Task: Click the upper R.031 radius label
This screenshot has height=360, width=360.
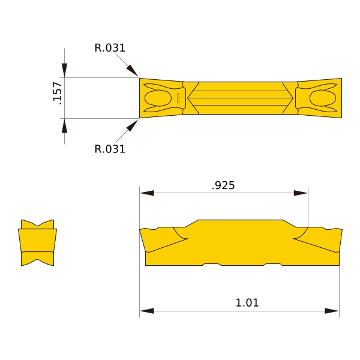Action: point(110,48)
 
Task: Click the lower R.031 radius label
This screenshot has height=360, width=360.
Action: point(110,149)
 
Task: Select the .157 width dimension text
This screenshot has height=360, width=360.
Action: point(57,93)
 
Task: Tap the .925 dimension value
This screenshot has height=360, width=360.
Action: point(223,185)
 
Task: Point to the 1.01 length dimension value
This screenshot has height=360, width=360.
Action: point(247,302)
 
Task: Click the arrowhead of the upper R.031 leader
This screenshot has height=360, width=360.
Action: point(132,70)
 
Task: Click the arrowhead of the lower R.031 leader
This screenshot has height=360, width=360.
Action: point(132,125)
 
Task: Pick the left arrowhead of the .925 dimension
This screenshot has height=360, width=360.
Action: point(147,193)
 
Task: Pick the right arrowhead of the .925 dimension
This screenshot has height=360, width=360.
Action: point(301,193)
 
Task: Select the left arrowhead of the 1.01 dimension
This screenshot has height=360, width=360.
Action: point(147,311)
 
